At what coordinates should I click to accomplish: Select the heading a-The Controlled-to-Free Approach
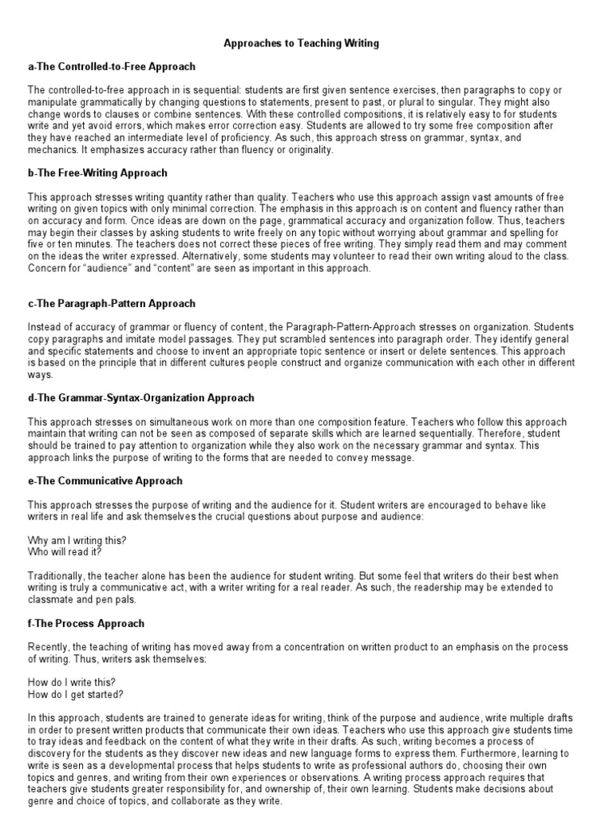[x=112, y=66]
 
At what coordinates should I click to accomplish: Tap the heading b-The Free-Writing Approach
[x=97, y=172]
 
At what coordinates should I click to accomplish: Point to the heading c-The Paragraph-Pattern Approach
[x=112, y=304]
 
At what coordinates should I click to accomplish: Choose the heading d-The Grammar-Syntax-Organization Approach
[x=141, y=398]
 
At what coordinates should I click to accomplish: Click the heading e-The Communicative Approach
[x=105, y=481]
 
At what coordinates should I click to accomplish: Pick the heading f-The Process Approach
[x=86, y=623]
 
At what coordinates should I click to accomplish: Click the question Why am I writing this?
[x=77, y=540]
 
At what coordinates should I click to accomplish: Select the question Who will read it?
[x=65, y=551]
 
